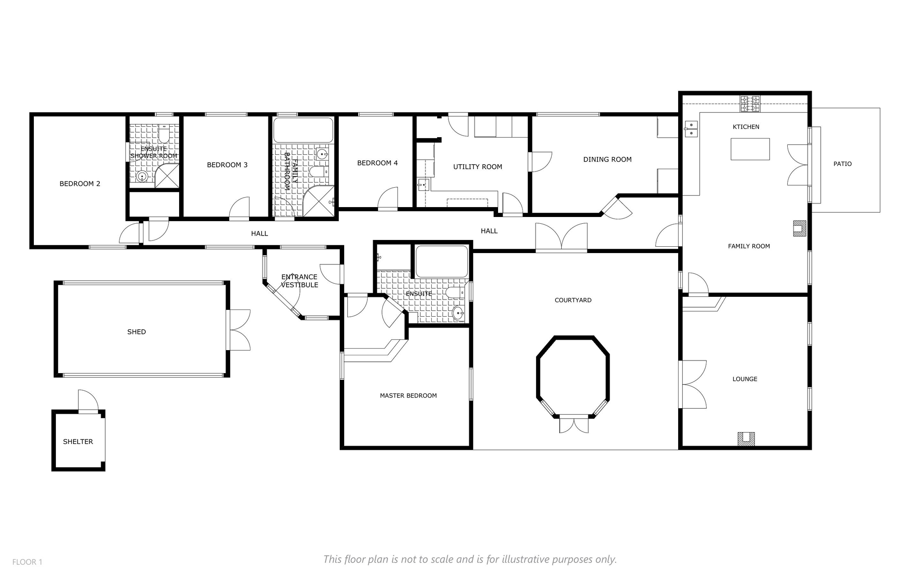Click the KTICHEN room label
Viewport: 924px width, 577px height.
pos(746,127)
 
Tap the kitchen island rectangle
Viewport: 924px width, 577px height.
pos(750,149)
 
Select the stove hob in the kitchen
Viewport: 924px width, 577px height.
pos(749,104)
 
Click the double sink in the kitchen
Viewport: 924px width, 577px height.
pos(691,129)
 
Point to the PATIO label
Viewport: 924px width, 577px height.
pos(842,164)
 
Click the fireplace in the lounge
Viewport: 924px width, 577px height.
pos(746,439)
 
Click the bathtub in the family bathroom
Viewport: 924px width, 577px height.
pos(303,130)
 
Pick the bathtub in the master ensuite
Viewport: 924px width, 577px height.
pos(442,261)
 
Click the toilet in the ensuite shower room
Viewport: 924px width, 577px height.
pos(163,133)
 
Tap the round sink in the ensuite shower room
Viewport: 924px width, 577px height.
pos(142,177)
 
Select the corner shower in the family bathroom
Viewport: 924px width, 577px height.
pos(319,201)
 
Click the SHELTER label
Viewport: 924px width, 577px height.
pos(78,442)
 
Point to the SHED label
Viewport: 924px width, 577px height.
pos(136,332)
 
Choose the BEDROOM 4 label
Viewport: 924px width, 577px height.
pos(377,163)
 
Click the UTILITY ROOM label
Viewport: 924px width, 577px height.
pos(477,167)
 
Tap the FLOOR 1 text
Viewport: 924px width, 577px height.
pos(27,562)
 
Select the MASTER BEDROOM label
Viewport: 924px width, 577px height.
pos(408,396)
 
